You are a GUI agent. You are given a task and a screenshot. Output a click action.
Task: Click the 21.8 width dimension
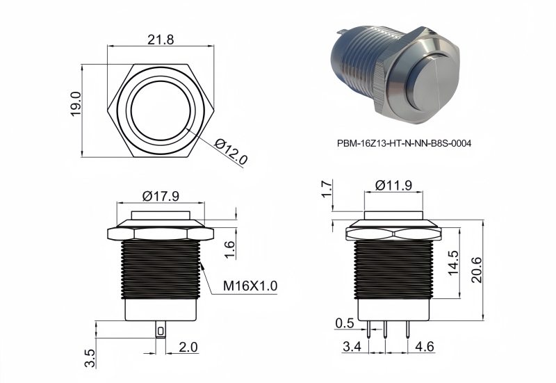(x=161, y=40)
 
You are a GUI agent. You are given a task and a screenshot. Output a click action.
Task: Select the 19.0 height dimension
(x=76, y=104)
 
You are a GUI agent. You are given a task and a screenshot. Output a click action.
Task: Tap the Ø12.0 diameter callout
(x=231, y=152)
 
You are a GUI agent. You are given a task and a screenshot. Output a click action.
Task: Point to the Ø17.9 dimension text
(x=161, y=196)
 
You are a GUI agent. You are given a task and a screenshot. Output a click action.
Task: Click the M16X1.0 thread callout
(x=250, y=286)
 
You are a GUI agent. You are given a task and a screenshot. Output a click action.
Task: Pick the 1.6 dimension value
(x=230, y=250)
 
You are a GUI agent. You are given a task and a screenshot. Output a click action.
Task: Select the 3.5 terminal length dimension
(x=90, y=358)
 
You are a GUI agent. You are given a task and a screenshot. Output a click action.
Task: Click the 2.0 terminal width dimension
(x=188, y=347)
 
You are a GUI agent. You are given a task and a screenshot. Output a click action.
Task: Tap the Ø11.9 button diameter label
(x=393, y=185)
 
